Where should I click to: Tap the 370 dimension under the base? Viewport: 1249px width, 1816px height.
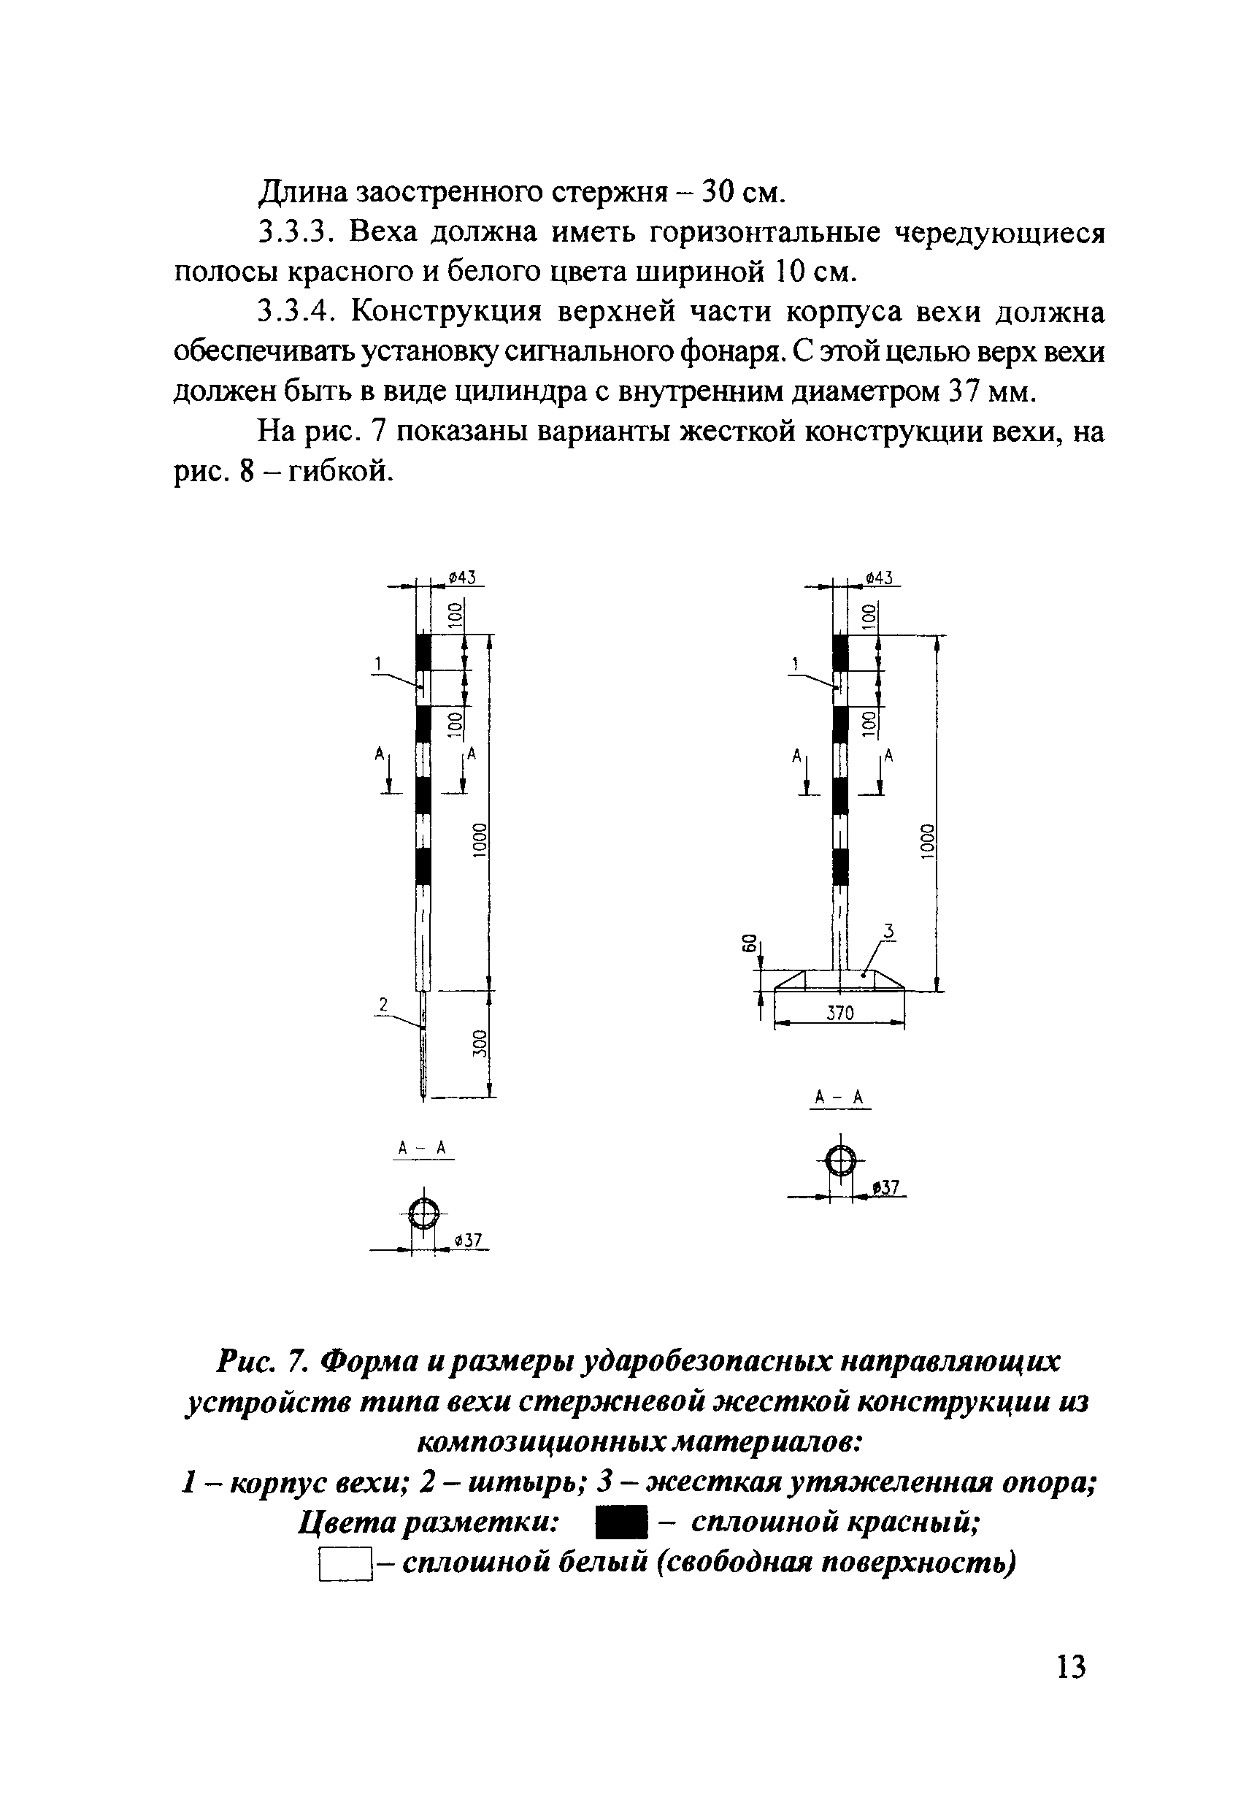point(839,1013)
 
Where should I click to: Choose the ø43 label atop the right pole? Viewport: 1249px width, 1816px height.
point(880,578)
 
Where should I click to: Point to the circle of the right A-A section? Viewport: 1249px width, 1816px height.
point(839,1161)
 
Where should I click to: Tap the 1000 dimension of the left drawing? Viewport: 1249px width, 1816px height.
point(480,840)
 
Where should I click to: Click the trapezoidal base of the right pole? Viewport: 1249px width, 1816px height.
point(839,980)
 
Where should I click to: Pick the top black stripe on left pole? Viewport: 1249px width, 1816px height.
point(423,651)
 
